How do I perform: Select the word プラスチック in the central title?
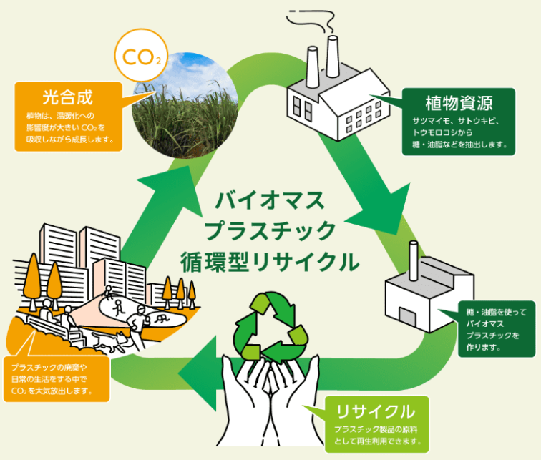click(270, 230)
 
